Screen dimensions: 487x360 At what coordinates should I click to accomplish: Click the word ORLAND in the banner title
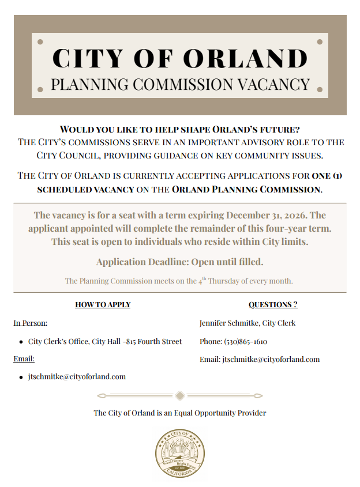point(247,58)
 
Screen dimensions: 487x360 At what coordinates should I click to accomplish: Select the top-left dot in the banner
point(40,41)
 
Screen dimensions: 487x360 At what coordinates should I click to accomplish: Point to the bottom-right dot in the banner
point(320,89)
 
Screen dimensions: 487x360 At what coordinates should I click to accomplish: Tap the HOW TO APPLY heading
point(103,304)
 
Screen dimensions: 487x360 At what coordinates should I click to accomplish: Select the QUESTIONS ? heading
point(273,304)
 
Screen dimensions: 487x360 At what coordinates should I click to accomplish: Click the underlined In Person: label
point(31,323)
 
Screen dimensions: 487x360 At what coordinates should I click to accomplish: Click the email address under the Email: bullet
point(77,376)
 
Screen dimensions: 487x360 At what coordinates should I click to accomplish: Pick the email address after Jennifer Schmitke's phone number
point(271,359)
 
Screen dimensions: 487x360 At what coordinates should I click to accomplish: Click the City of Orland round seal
point(179,453)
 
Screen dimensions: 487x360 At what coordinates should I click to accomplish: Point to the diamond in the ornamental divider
point(180,395)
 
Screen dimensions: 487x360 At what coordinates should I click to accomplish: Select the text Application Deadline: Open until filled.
point(179,262)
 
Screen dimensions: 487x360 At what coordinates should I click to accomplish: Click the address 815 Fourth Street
point(155,341)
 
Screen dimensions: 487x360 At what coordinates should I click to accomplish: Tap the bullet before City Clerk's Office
point(21,342)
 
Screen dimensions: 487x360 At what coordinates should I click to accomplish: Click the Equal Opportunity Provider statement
point(179,413)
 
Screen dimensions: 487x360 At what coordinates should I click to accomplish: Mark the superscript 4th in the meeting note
point(202,280)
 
